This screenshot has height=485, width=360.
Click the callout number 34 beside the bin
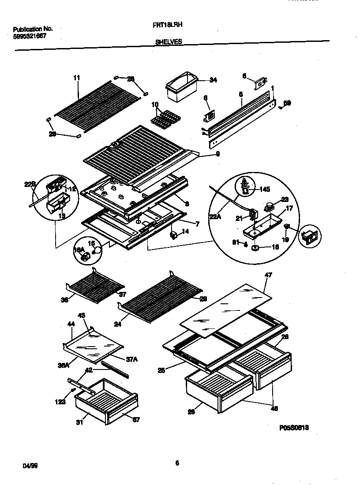click(x=213, y=80)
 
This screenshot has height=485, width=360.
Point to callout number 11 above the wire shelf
click(x=77, y=78)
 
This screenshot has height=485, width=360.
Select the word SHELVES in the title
click(x=169, y=42)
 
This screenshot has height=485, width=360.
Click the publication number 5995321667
click(x=30, y=37)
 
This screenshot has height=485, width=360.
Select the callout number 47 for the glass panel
click(x=268, y=275)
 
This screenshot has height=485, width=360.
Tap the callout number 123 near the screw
click(x=60, y=402)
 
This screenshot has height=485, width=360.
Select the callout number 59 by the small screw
click(x=287, y=103)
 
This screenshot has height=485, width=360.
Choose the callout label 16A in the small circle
click(x=78, y=250)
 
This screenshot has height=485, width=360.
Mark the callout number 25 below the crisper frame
click(x=161, y=371)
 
